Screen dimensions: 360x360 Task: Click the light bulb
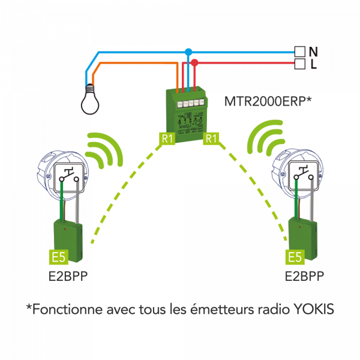[x=90, y=100]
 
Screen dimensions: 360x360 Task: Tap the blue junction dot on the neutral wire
[x=188, y=52]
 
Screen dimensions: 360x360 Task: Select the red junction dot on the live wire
[x=194, y=62]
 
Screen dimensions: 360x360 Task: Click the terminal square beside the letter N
[x=300, y=52]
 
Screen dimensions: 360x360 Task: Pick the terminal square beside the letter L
[x=300, y=64]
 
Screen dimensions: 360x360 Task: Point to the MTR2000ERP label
[x=268, y=101]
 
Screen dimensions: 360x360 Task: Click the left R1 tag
[x=167, y=139]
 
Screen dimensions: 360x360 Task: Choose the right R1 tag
[x=211, y=139]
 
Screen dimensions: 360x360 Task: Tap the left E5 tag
[x=59, y=257]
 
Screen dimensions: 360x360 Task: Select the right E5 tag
[x=295, y=257]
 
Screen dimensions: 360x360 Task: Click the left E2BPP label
[x=68, y=276]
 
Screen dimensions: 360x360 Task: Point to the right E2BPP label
[x=304, y=276]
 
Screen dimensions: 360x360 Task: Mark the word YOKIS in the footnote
[x=314, y=309]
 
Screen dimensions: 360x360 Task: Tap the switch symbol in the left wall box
[x=70, y=175]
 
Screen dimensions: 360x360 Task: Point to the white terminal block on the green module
[x=190, y=103]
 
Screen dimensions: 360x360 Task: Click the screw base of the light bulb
[x=90, y=89]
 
